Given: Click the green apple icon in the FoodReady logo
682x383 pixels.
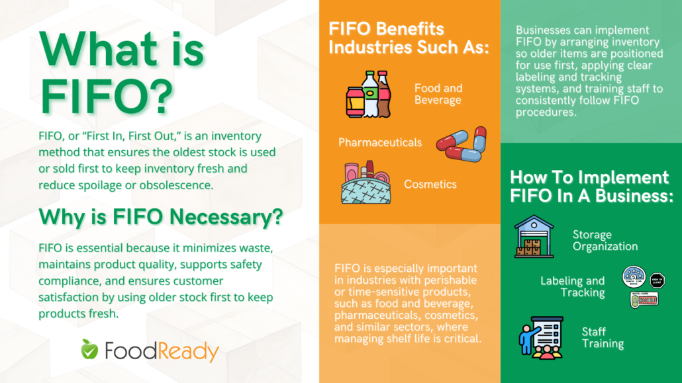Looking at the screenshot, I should pos(89,349).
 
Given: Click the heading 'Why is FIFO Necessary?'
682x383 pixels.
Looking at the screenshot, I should pos(161,216).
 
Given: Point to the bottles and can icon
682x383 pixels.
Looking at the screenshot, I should pos(369,94).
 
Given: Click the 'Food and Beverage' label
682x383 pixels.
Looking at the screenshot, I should pos(438,94).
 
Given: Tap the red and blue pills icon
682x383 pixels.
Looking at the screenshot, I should pos(462,144).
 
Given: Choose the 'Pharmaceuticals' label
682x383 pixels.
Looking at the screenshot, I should pos(379,142).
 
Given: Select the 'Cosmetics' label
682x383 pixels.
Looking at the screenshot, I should pos(430,184).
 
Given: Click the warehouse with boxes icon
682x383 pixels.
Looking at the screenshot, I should pos(534,236).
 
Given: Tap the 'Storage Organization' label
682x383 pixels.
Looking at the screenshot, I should pos(605,240).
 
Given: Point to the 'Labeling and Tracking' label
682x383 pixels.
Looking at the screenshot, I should pos(572,287).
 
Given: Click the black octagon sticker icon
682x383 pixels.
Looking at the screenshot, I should pos(656,280).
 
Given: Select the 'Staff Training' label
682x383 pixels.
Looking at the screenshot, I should pos(603,337).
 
